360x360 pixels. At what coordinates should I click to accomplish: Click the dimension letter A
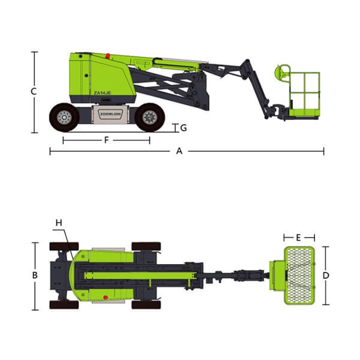pos(179,151)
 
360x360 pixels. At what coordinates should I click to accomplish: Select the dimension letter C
pos(34,91)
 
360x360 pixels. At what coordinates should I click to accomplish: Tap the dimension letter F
pos(106,140)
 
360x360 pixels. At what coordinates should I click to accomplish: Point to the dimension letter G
pos(184,128)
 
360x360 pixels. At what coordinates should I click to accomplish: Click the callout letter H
pos(59,223)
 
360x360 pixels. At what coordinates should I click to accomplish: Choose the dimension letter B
pos(35,275)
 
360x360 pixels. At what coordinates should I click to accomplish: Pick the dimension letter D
pos(326,275)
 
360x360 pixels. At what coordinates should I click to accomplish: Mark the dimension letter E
pos(298,238)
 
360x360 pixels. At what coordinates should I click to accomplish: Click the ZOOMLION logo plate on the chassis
pos(110,114)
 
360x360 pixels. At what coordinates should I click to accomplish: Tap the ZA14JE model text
pos(102,93)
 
